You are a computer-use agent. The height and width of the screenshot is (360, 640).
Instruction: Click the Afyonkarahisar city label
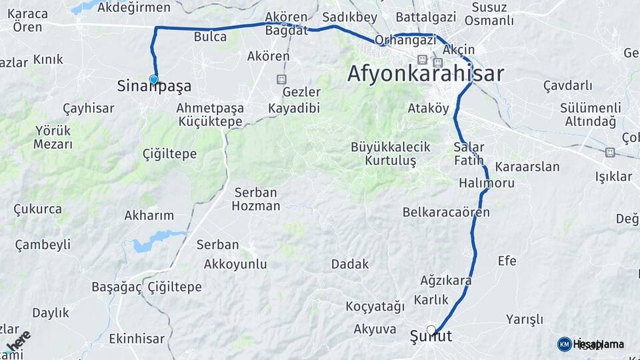tap(425, 74)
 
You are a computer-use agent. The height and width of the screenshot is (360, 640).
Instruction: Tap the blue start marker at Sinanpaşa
tap(154, 80)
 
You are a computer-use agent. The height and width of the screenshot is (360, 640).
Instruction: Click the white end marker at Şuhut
tap(431, 329)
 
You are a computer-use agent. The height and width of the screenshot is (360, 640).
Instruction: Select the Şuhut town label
tap(431, 337)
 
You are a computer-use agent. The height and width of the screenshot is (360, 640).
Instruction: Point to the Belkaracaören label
tap(446, 213)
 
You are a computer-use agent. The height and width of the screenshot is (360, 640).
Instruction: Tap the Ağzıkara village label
tap(446, 280)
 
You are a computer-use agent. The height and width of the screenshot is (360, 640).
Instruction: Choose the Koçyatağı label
tap(375, 307)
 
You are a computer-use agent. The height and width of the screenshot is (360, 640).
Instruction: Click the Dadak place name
tap(350, 264)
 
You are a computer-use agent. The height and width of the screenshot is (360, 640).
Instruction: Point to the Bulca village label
tap(210, 37)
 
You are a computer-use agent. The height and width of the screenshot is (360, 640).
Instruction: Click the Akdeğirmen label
tap(134, 7)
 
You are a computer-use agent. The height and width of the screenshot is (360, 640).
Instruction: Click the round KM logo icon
tap(564, 344)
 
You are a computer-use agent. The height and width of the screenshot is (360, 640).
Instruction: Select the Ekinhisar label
tap(137, 338)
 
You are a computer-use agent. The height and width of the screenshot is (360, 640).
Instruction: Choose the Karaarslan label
tap(527, 167)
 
